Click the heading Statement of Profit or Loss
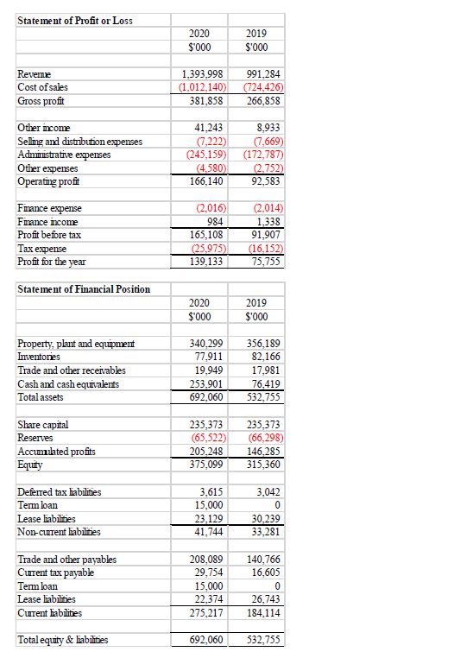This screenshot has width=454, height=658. pos(75,20)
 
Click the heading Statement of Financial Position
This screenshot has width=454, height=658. pos(84,288)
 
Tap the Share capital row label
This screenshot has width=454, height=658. pos(43,425)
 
